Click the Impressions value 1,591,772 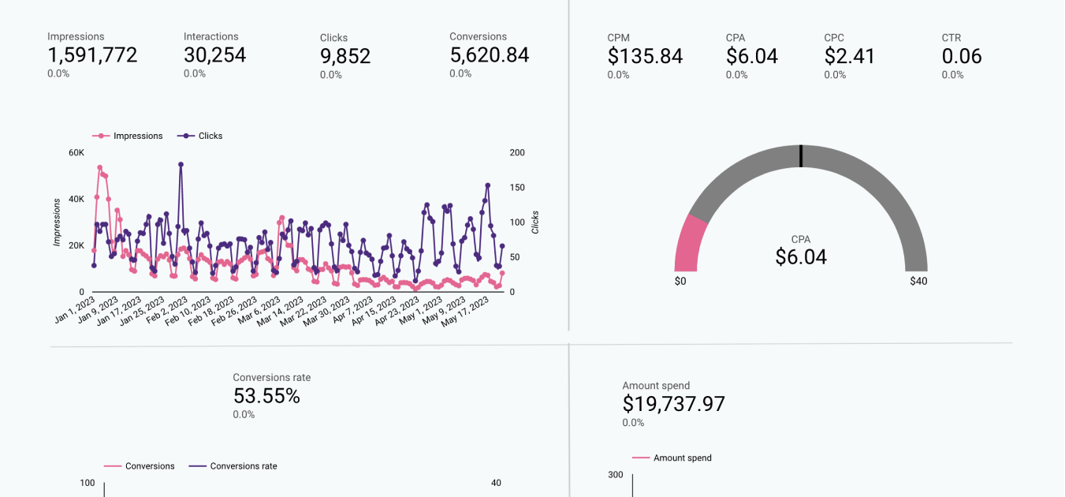(92, 55)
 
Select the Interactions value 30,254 (214, 55)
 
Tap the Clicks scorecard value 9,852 (345, 56)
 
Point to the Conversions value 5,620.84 (489, 55)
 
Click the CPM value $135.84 (645, 57)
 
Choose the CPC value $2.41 (850, 57)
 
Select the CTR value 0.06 (962, 57)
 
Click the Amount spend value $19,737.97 (673, 404)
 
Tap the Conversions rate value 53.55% (266, 396)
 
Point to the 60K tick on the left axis (76, 152)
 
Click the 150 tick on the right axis (518, 188)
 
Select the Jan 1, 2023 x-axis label (76, 309)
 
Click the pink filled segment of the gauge (691, 245)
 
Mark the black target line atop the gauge (801, 156)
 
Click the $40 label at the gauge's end (918, 281)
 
